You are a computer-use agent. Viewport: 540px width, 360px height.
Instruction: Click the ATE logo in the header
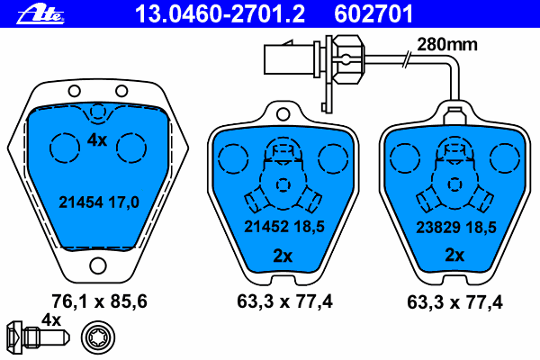pyautogui.click(x=40, y=14)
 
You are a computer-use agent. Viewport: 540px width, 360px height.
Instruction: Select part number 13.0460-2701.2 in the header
pyautogui.click(x=220, y=13)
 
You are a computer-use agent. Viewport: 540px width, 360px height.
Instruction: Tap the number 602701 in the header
pyautogui.click(x=373, y=13)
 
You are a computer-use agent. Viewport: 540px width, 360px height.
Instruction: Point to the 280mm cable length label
pyautogui.click(x=447, y=44)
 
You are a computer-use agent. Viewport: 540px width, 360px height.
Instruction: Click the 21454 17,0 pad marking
pyautogui.click(x=99, y=202)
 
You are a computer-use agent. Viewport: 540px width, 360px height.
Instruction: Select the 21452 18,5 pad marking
pyautogui.click(x=284, y=226)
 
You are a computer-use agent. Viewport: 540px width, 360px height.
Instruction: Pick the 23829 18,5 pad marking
pyautogui.click(x=456, y=227)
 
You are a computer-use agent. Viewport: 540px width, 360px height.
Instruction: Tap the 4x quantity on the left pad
pyautogui.click(x=97, y=139)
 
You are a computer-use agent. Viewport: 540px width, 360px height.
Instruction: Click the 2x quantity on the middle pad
pyautogui.click(x=283, y=256)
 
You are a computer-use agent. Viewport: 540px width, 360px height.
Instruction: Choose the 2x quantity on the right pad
pyautogui.click(x=454, y=255)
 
